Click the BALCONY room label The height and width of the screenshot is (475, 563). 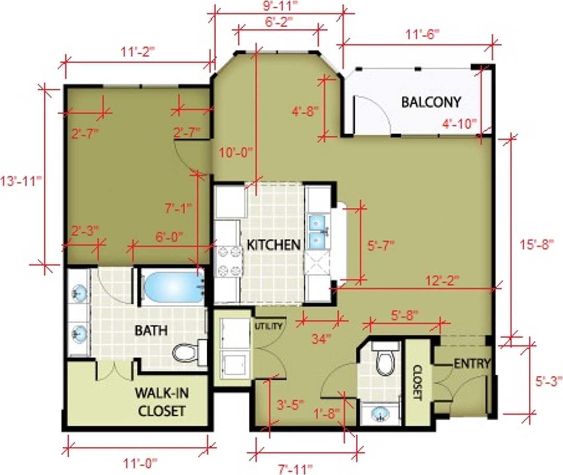[x=430, y=102]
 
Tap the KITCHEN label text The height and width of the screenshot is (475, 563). [x=273, y=245]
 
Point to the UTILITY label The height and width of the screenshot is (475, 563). [x=269, y=326]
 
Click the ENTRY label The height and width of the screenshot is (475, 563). [x=472, y=363]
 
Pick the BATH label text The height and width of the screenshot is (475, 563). [x=151, y=330]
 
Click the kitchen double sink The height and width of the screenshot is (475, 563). [x=318, y=232]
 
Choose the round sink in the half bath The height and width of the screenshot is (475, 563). [x=380, y=414]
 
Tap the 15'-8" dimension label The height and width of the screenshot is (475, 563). [x=536, y=245]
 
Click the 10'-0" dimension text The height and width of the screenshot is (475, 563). [x=235, y=152]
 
